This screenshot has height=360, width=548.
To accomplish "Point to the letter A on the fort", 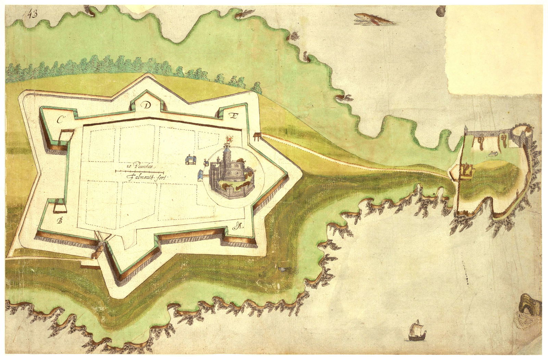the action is [239, 226].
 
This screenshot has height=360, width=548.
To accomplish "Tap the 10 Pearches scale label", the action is [140, 167].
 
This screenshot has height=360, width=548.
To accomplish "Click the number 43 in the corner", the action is [32, 14].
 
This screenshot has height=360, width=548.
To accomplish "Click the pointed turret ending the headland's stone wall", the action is [466, 130].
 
